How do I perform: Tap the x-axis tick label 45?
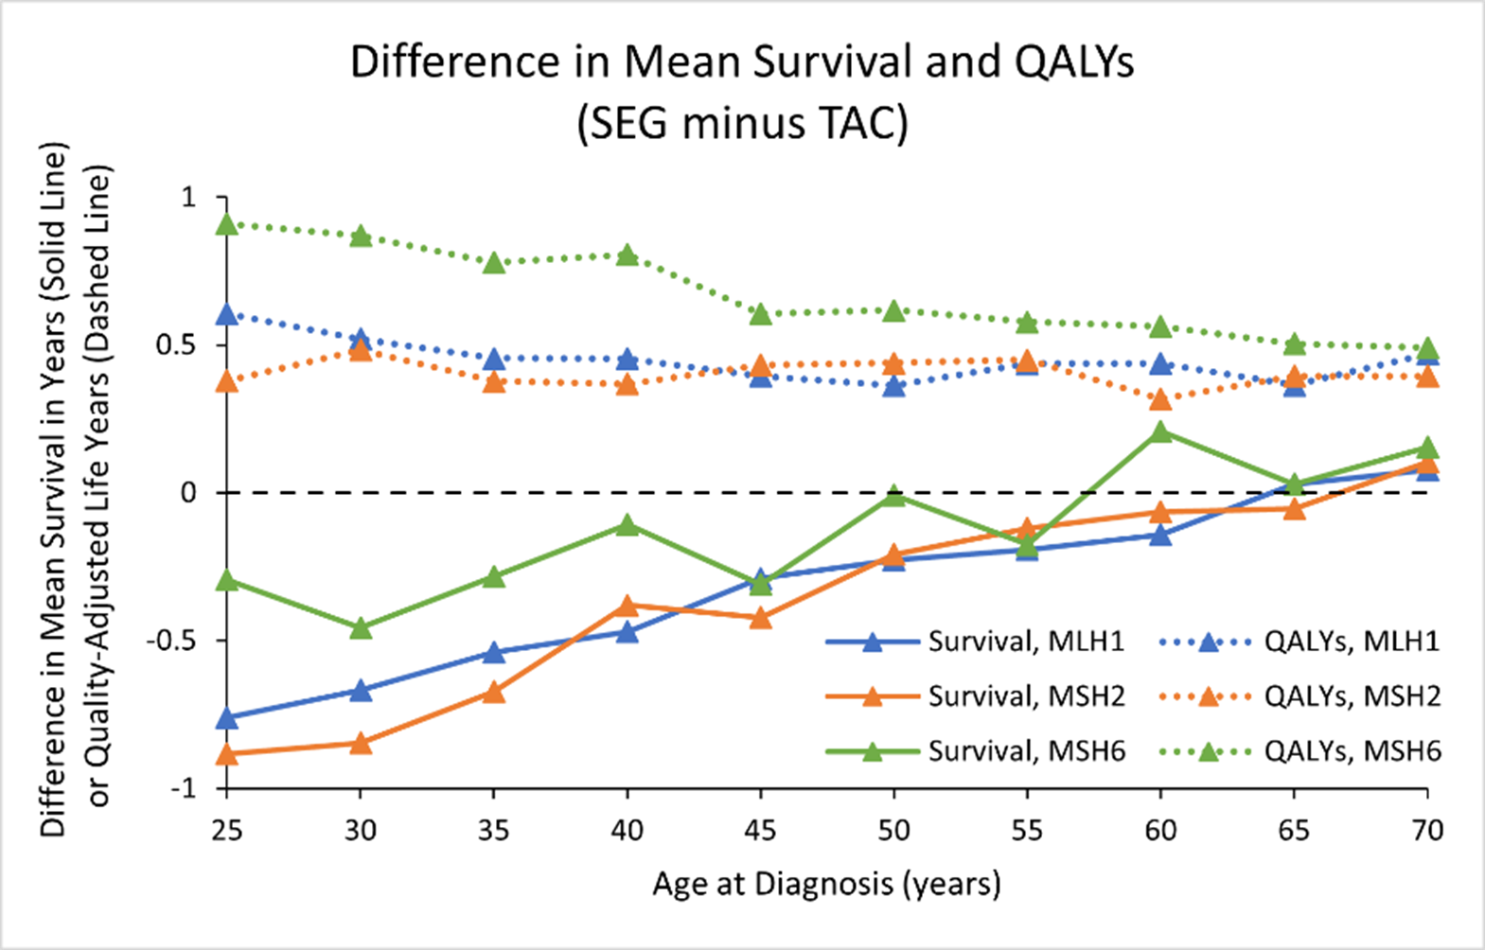(x=760, y=831)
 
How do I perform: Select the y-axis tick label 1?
(x=187, y=197)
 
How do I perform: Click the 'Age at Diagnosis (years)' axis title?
(x=826, y=885)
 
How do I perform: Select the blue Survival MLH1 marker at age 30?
(x=361, y=691)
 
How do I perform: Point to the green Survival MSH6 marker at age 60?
(x=1161, y=432)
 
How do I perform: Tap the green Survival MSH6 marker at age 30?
(x=361, y=627)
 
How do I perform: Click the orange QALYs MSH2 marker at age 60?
(x=1161, y=400)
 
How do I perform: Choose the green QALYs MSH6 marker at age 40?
(x=628, y=255)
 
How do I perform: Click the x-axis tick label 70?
(x=1427, y=831)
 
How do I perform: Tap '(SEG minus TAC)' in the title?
(x=742, y=124)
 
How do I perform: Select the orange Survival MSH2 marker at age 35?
(x=494, y=693)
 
